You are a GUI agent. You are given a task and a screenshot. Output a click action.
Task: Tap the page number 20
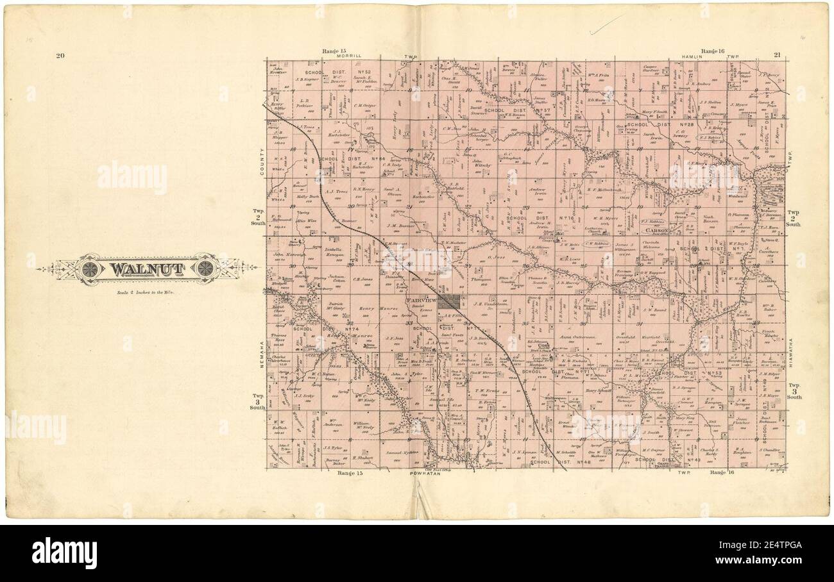(60, 56)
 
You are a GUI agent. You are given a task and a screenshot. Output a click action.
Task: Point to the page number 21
(777, 55)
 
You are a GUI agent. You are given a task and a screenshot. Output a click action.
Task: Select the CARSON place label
(658, 229)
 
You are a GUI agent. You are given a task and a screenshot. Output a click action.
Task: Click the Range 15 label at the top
(334, 50)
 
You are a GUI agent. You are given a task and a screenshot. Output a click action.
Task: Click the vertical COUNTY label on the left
(262, 163)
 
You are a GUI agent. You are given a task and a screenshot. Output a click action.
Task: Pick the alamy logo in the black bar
(64, 553)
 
